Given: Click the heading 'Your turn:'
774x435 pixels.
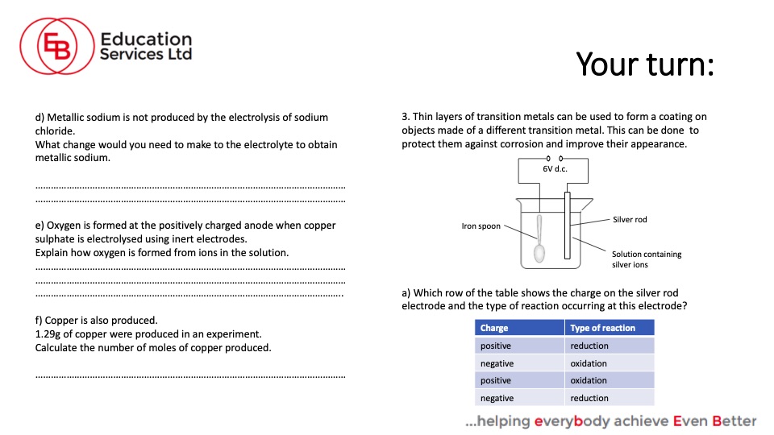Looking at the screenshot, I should coord(645,64).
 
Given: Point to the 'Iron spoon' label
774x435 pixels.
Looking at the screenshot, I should coord(481,226).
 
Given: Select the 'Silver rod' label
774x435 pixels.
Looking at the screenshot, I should coord(630,219).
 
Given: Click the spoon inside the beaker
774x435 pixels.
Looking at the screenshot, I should coord(539,242).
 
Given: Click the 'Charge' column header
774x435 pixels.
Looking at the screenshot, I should coord(494,328).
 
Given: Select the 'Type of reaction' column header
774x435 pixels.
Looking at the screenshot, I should coord(602,328).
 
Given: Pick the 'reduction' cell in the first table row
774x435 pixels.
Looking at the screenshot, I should coord(589,346).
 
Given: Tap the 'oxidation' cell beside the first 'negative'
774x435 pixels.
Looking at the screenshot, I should coord(589,363).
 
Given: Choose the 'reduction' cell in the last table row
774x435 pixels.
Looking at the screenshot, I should coord(589,398).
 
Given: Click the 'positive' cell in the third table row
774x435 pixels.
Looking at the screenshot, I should coord(496,380).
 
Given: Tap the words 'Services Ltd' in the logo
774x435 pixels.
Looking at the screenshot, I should coord(146,54).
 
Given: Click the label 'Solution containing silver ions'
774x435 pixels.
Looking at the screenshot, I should coord(646,259).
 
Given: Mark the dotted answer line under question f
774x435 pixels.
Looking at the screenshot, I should coord(190,375).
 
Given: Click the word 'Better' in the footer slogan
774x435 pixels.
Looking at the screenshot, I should coord(734,420).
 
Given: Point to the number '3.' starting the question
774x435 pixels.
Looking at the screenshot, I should coord(406,117).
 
